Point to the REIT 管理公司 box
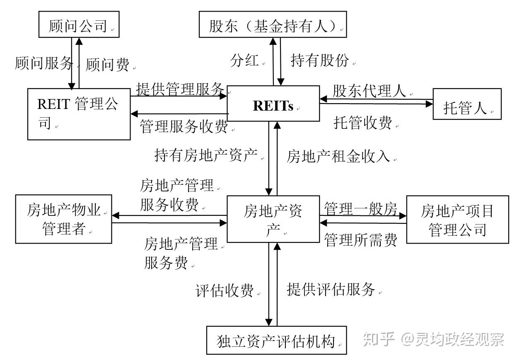79,114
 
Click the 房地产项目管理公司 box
457,219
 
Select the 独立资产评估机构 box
276,341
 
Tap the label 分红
244,61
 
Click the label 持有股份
319,61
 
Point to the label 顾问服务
43,63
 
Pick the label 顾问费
107,65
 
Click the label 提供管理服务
180,89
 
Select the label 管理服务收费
184,127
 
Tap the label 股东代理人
369,91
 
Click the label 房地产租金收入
338,156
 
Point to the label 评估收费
224,291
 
